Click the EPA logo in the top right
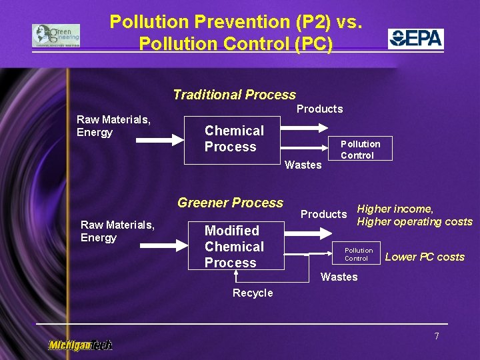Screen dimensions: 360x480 pos(416,38)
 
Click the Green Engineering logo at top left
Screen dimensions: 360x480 pos(56,35)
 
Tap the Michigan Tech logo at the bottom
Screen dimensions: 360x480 pos(80,345)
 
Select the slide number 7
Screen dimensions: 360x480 pos(437,336)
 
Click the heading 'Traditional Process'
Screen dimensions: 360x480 pos(234,95)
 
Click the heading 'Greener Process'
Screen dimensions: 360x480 pos(230,203)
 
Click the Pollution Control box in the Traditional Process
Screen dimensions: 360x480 pos(360,149)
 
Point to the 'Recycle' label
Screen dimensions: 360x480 pos(253,293)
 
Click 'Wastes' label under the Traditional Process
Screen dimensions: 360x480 pos(303,165)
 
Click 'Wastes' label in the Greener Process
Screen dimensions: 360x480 pos(339,277)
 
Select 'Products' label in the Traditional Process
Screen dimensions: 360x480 pos(319,109)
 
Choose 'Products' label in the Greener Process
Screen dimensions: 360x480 pos(323,214)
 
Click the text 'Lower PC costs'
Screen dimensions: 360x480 pos(425,257)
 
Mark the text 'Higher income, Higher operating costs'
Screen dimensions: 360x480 pos(414,215)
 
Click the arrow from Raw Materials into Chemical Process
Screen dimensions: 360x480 pos(160,139)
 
